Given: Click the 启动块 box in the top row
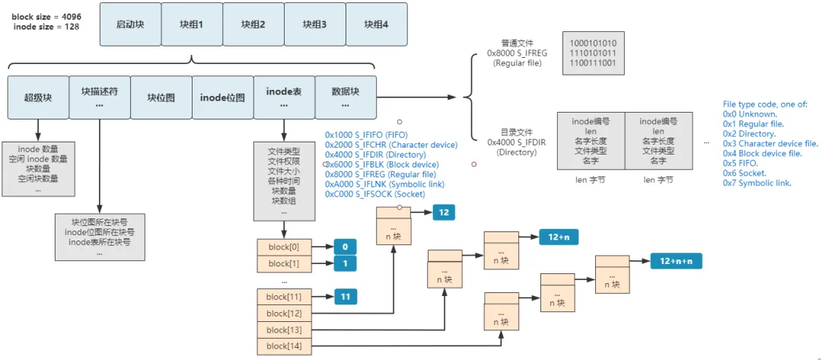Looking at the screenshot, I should tap(130, 24).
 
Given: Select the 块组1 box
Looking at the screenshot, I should tap(192, 24).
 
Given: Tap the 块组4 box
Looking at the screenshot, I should tap(376, 24).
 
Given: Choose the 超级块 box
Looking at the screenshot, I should tap(37, 97).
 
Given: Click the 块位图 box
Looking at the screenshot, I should tap(161, 97).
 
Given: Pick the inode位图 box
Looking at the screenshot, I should tap(222, 97).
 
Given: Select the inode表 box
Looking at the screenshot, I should tap(284, 97).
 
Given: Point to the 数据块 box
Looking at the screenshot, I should tap(345, 97).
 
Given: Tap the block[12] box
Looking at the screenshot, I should tap(284, 313).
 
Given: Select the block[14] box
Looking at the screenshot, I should tap(284, 346).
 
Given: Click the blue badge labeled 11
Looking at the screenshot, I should tap(345, 296).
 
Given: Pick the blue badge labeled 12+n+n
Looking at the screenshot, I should tap(676, 261).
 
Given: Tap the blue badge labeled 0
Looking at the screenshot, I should tap(345, 247).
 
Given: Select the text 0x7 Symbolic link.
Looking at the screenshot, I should tap(757, 183).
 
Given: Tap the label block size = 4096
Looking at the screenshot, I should tap(45, 16).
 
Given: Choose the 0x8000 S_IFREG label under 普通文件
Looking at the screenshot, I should tap(515, 54).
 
